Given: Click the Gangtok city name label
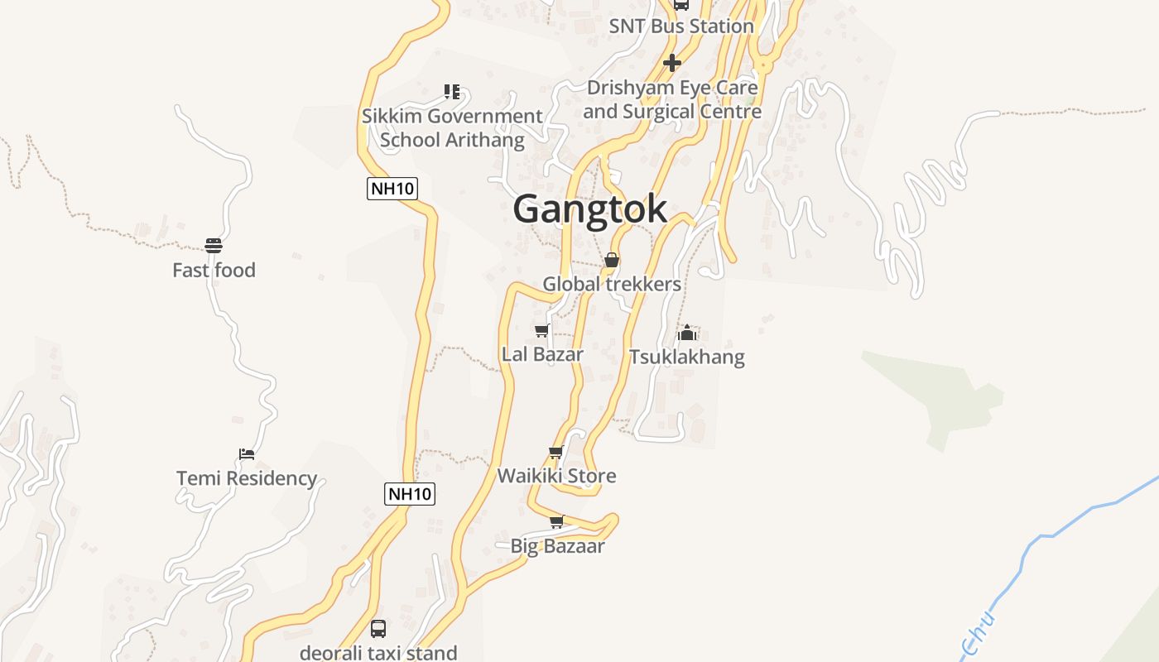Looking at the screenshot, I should (589, 209).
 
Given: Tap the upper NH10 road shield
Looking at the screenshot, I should (392, 189).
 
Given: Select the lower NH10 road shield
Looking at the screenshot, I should (410, 494).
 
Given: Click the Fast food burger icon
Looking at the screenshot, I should (214, 246).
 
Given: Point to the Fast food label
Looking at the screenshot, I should (214, 271).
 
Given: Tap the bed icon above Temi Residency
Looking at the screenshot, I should (246, 453).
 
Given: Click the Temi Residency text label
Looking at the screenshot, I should (247, 478).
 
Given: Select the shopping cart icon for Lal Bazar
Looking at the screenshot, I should (541, 331).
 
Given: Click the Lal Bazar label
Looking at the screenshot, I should (542, 354).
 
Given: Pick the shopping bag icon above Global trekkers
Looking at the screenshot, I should (612, 261).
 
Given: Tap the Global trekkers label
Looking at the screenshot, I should (612, 285).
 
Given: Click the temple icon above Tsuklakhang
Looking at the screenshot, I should (686, 333).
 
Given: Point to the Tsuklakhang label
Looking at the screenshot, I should (687, 357).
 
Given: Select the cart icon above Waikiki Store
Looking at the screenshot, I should (556, 452).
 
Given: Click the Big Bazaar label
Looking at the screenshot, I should (557, 546).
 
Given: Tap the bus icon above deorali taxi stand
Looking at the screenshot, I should (378, 629).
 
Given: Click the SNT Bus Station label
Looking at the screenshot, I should (681, 26).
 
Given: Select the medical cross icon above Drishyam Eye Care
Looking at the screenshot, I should (672, 62).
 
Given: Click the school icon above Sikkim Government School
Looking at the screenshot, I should (452, 91).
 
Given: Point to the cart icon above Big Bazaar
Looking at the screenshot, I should (557, 522).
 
